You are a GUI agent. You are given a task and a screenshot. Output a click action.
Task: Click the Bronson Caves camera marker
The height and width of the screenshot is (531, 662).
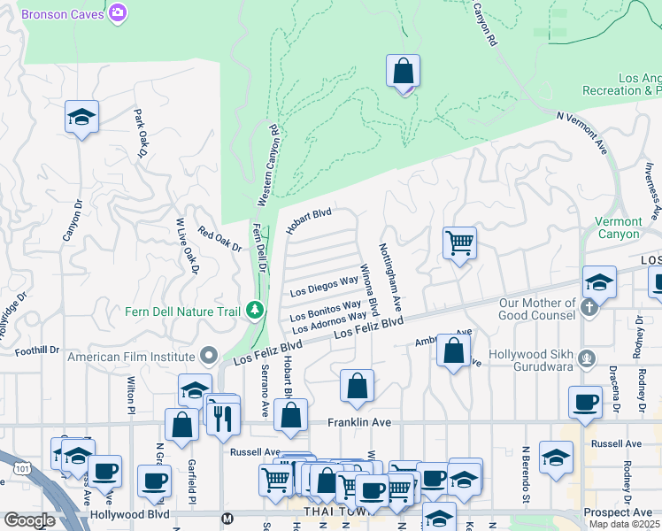tap(118, 13)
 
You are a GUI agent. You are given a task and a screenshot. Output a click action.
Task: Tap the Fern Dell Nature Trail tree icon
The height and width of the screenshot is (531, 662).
tap(255, 310)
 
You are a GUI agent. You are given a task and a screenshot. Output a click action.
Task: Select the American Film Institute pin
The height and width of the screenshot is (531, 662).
tap(208, 356)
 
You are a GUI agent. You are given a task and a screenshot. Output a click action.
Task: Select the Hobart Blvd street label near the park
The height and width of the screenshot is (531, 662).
tap(309, 220)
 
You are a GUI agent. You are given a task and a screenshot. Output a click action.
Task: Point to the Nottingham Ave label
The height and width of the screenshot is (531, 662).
tap(390, 277)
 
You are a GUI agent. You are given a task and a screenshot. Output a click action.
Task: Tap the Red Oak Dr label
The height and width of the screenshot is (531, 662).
tap(219, 239)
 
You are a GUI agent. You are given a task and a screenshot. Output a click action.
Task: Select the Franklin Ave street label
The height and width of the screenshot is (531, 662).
tap(359, 423)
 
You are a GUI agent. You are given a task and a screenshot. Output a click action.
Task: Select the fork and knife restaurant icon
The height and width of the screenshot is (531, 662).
tap(224, 417)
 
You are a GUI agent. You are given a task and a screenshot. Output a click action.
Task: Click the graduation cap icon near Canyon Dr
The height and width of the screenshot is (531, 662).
tap(81, 117)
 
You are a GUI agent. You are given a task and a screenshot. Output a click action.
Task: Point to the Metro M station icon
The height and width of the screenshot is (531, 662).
tap(227, 519)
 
